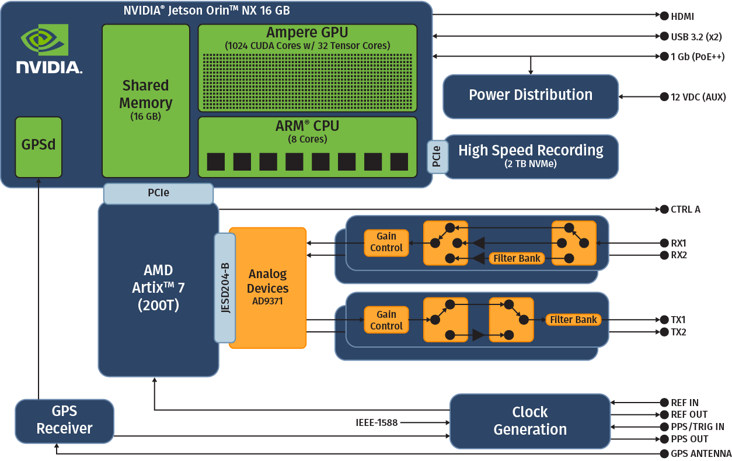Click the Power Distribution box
[x=530, y=96]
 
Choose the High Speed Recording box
[x=530, y=155]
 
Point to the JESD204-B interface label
[x=225, y=287]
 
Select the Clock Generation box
[x=529, y=421]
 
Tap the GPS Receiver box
[x=64, y=420]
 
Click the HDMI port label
[x=682, y=17]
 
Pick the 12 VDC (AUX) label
[x=698, y=96]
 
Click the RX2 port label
[x=678, y=255]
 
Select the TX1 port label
[x=678, y=320]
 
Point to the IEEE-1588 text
[x=377, y=422]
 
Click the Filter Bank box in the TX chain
[x=573, y=320]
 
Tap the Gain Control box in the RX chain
[x=386, y=242]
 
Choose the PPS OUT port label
[x=689, y=439]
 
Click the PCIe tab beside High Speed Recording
[x=437, y=156]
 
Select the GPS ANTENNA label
[x=700, y=454]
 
